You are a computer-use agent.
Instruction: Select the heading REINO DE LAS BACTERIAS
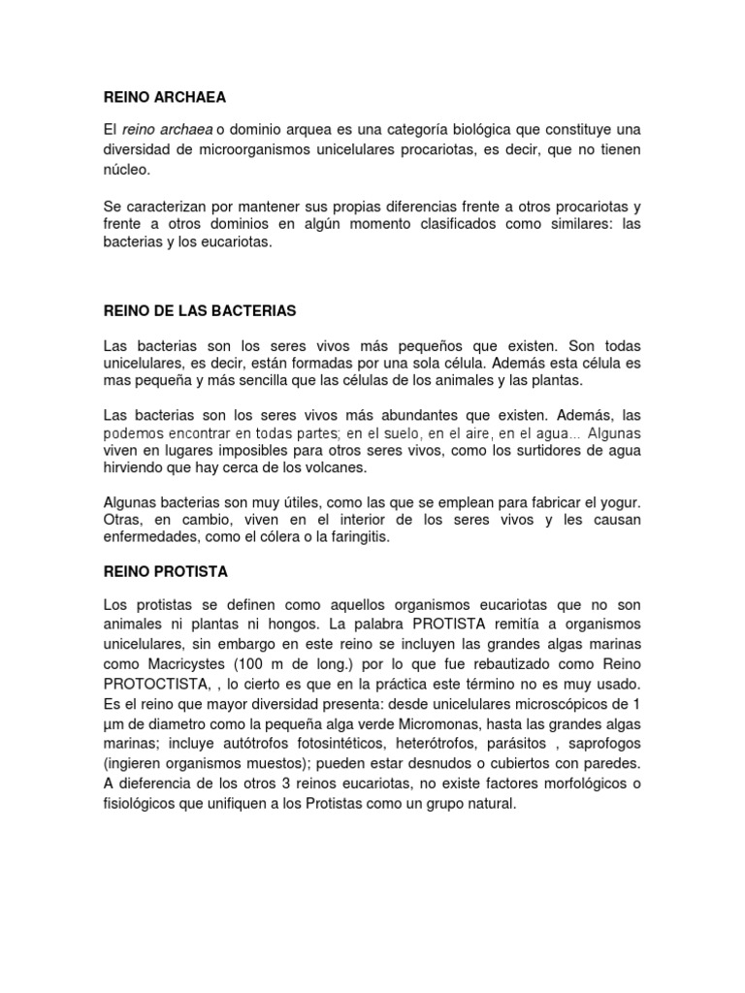click(199, 311)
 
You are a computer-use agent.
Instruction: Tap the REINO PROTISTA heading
click(165, 572)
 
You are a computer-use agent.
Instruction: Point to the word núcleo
click(126, 170)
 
